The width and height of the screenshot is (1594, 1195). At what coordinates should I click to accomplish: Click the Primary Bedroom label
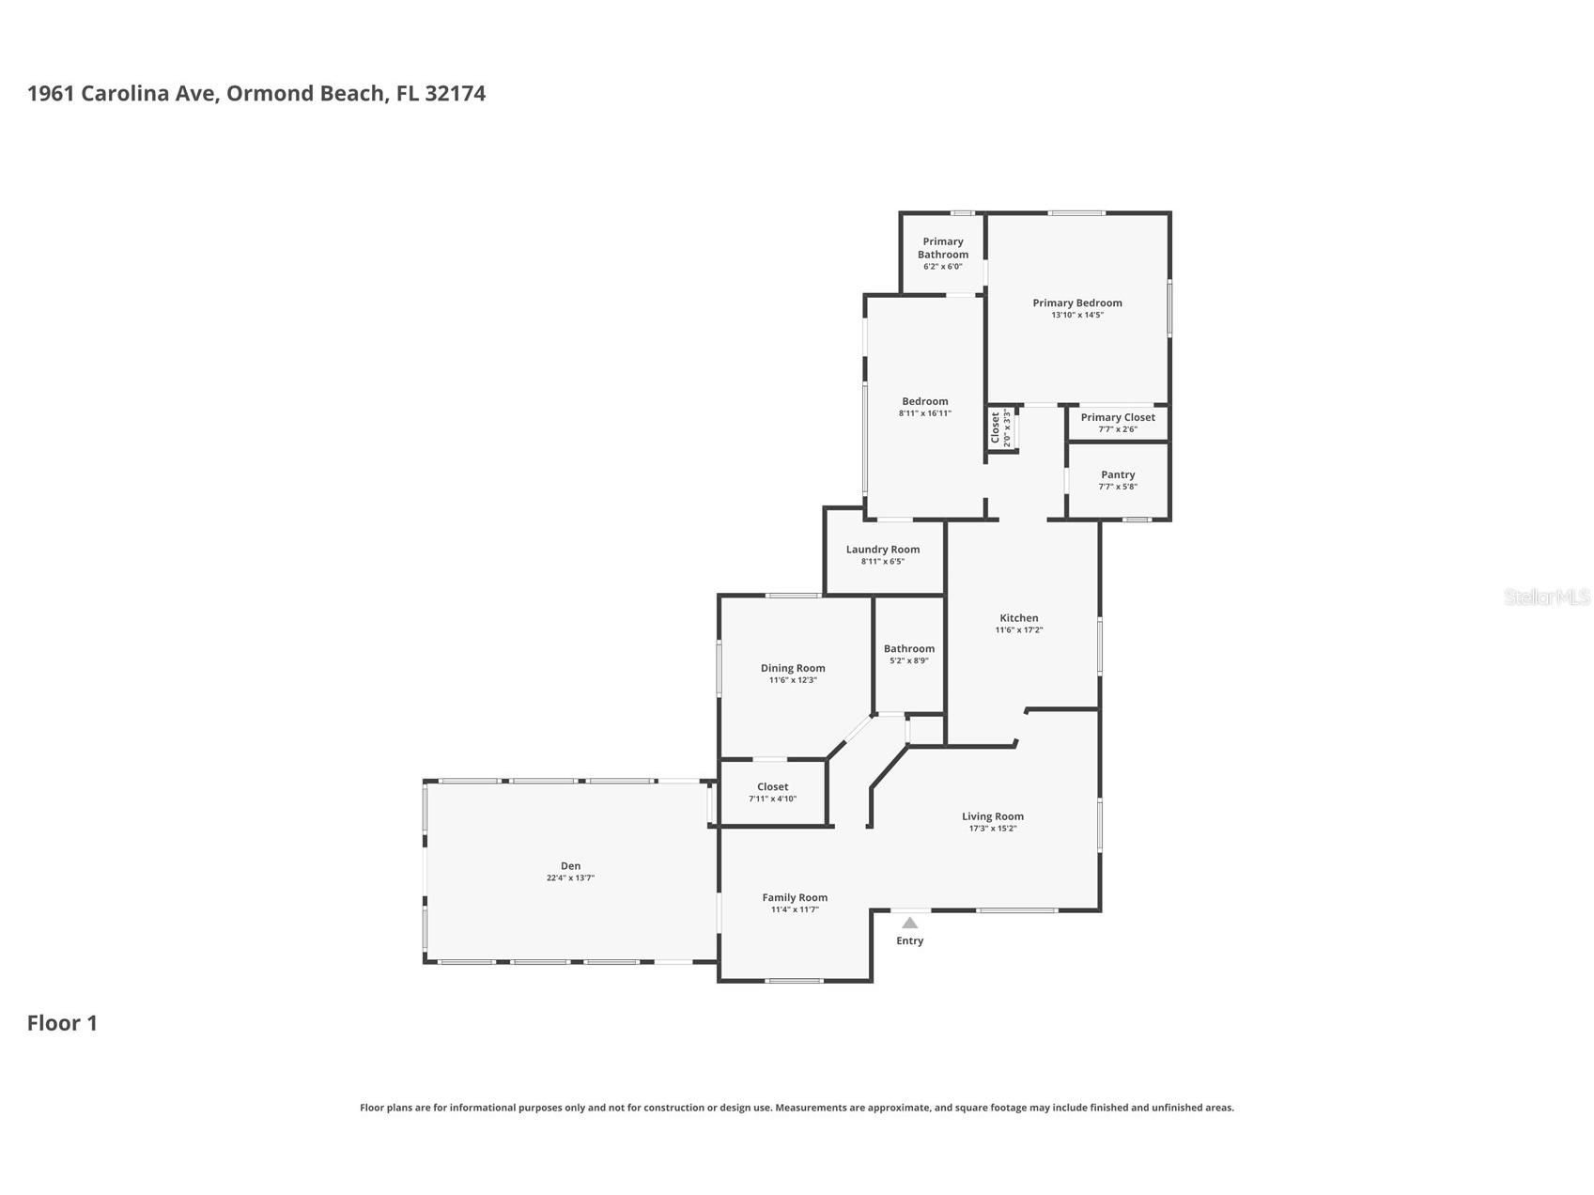tap(1077, 303)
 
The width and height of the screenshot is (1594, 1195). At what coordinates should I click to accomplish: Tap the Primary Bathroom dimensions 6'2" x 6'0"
tap(943, 267)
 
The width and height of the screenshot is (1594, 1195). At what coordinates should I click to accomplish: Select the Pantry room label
tap(1118, 474)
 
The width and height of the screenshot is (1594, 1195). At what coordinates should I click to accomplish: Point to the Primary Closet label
tap(1118, 417)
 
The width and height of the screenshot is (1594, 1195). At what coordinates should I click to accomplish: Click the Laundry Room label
tap(883, 550)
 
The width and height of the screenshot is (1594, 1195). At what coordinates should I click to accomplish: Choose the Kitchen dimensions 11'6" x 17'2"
tap(1019, 630)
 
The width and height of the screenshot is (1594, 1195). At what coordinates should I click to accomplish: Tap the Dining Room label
tap(793, 668)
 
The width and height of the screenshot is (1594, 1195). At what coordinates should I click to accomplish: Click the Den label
tap(571, 866)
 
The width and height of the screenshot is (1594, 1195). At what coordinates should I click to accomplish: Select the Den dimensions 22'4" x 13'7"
tap(571, 878)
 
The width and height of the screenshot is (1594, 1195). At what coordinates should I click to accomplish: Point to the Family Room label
tap(795, 897)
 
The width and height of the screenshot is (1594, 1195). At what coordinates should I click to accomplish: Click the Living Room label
tap(993, 816)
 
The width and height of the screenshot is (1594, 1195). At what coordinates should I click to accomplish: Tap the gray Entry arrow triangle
tap(910, 923)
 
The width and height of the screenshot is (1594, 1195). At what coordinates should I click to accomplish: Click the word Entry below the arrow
tap(910, 940)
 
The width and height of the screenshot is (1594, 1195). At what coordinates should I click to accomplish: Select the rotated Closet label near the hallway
tap(996, 427)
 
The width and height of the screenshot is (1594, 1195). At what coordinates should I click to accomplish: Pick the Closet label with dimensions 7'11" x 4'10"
tap(773, 787)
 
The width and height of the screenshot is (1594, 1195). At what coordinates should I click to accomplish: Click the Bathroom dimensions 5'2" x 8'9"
tap(909, 661)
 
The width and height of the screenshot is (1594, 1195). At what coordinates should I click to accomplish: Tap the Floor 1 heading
tap(62, 1023)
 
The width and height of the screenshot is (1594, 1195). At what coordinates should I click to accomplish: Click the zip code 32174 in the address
tap(456, 93)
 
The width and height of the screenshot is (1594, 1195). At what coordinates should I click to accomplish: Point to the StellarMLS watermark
tap(1547, 597)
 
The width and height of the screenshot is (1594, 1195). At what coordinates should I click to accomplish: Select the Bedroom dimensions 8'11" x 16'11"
tap(925, 413)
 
